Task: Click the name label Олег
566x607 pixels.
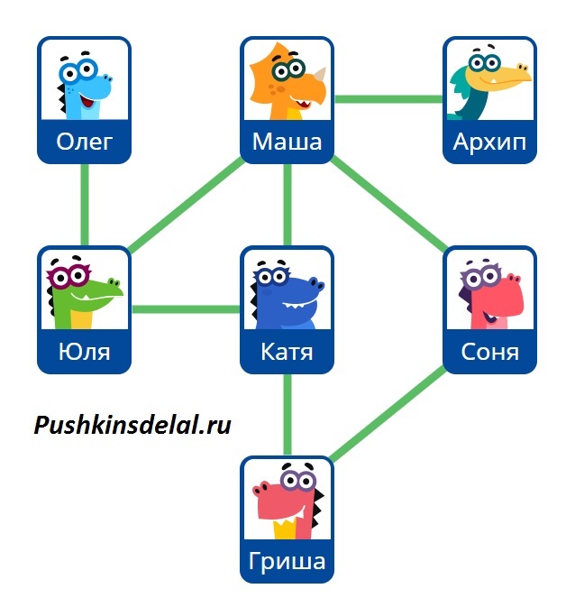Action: (84, 143)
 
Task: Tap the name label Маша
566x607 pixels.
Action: (287, 143)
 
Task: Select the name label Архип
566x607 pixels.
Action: (489, 143)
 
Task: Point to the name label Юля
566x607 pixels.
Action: (84, 352)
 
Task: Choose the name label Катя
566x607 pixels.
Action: (287, 352)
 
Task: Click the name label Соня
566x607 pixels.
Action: (489, 352)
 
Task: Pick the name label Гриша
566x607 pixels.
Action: (287, 563)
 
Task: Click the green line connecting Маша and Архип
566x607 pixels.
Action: (388, 98)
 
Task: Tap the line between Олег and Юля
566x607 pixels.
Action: (85, 205)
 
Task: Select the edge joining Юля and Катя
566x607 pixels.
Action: (186, 309)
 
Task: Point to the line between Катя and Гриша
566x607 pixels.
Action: (288, 415)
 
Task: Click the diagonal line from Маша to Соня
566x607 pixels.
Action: (389, 204)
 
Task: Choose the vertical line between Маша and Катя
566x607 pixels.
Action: (288, 205)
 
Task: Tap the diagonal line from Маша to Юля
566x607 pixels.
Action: (187, 205)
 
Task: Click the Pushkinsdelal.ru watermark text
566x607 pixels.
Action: (132, 425)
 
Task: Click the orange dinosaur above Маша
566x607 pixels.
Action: (287, 79)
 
